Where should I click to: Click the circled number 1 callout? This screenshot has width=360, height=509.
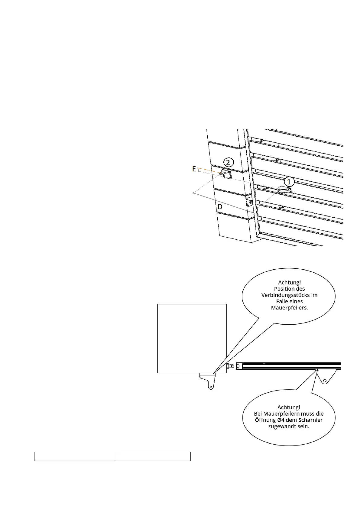point(289,182)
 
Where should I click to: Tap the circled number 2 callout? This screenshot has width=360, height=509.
point(229,162)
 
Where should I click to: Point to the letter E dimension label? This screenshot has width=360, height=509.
point(194,169)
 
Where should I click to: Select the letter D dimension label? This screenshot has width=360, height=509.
point(220,207)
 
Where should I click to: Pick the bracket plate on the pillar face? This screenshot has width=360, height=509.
point(226,174)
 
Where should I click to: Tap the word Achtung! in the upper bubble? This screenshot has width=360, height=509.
point(289,283)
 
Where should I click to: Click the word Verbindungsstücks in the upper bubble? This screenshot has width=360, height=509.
point(285,295)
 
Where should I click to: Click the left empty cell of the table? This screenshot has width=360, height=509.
point(75,456)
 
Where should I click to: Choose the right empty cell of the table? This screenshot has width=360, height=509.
point(153,456)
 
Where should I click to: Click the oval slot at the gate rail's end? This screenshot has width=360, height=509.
point(238,366)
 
